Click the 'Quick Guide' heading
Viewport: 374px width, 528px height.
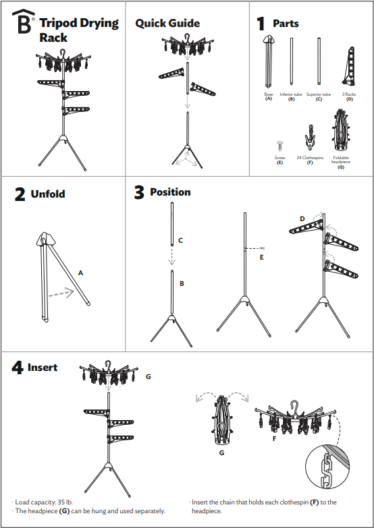click(167, 23)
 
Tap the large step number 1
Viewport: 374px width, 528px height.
click(261, 24)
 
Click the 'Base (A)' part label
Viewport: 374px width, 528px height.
click(269, 96)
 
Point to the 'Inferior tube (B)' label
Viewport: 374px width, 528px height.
click(292, 96)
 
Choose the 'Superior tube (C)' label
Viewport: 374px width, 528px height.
click(319, 96)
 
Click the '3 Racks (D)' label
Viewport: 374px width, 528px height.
click(349, 96)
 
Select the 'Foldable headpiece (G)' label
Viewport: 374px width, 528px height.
click(341, 162)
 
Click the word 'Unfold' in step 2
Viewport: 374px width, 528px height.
click(48, 194)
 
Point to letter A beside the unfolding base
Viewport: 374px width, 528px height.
click(80, 273)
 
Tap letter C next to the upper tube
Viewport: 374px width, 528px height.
click(180, 240)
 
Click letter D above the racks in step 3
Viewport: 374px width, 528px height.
click(302, 218)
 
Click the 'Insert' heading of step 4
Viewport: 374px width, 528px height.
click(43, 368)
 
